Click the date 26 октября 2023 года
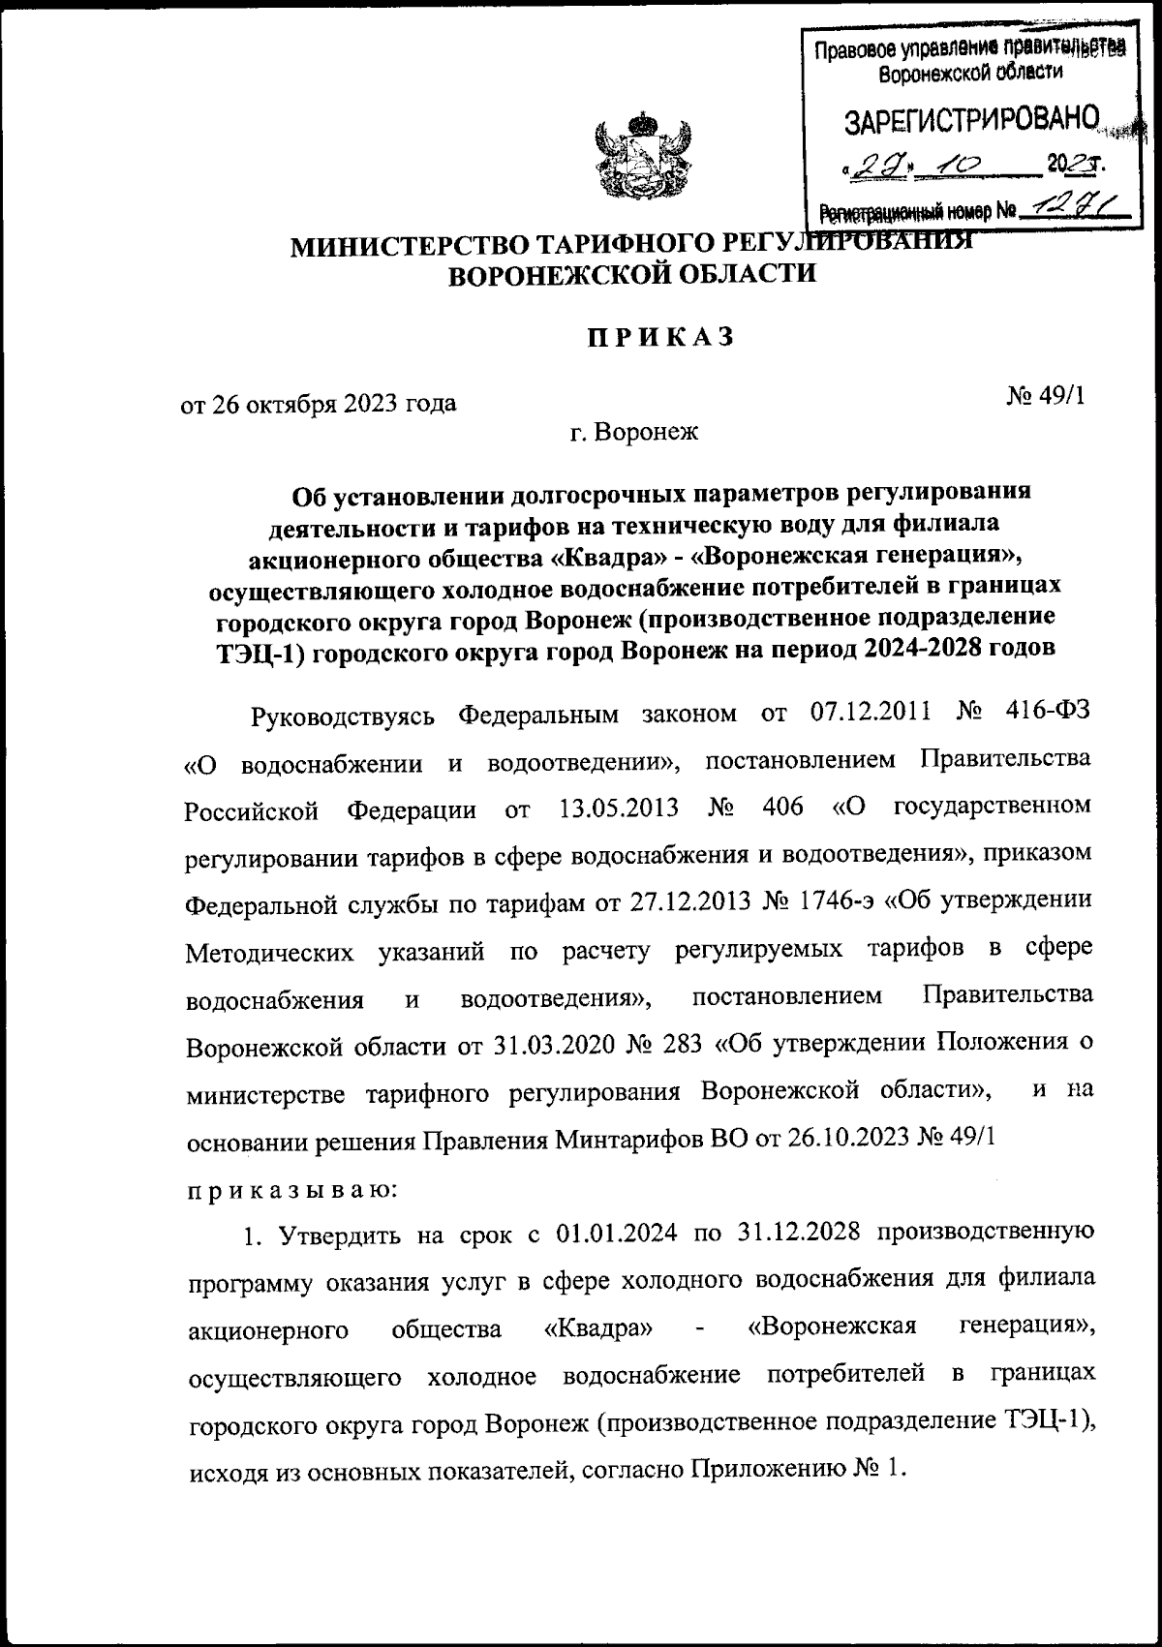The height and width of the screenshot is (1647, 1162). (320, 403)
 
